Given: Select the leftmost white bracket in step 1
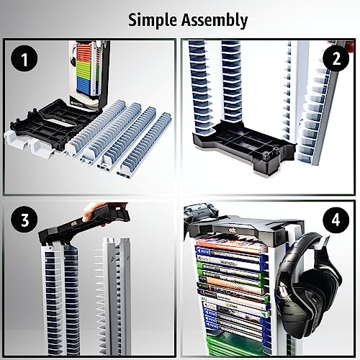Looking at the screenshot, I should [18, 140].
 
